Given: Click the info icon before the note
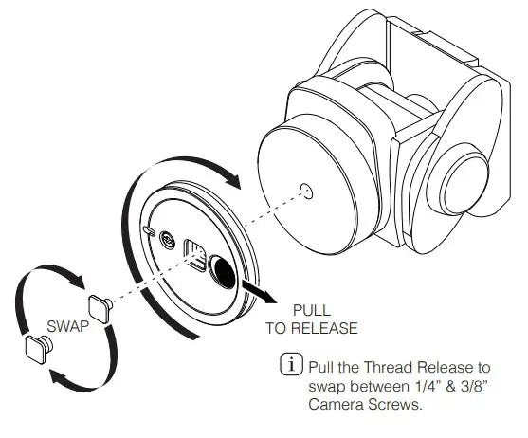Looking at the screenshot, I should click(x=287, y=364).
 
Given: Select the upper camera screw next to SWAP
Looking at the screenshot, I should click(x=100, y=306).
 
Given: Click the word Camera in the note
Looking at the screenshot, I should click(x=334, y=407).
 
